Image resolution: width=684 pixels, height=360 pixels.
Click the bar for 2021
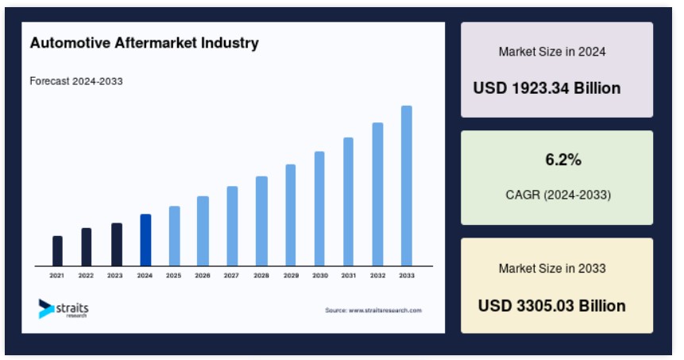57,251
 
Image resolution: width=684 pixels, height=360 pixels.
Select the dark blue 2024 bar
145,240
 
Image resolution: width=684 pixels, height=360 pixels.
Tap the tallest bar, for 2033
407,185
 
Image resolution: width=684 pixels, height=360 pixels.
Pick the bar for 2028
261,221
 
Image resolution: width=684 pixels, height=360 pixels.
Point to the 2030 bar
319,208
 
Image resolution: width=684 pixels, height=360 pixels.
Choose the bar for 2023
117,244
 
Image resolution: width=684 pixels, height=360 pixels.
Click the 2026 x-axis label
203,275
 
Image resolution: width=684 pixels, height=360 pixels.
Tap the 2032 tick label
378,275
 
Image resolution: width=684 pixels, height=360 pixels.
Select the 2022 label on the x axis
86,275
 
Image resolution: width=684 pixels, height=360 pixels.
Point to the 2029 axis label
291,275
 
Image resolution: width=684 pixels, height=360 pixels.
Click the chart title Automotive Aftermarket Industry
145,43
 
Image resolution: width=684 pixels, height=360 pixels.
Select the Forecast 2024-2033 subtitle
76,81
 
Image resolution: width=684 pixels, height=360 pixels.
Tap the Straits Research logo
64,309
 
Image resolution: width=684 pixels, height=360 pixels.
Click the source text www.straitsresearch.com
385,310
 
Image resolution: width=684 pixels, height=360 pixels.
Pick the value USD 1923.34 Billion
547,88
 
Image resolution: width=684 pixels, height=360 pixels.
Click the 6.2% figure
563,160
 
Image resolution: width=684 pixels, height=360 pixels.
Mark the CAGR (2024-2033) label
558,195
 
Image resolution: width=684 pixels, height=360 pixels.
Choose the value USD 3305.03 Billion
552,306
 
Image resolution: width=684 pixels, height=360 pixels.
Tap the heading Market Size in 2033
552,269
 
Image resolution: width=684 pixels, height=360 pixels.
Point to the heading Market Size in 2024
552,52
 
